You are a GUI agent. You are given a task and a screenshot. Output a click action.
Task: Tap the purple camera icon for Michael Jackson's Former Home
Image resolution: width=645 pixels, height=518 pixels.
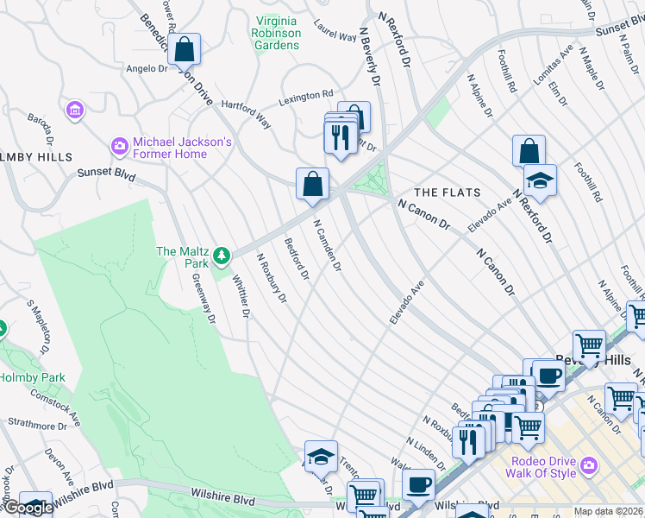tap(119, 148)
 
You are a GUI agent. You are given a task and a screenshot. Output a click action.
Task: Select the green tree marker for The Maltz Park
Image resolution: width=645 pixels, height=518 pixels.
tap(222, 256)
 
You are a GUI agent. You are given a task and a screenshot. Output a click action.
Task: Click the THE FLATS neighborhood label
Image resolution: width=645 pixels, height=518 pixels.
tap(447, 192)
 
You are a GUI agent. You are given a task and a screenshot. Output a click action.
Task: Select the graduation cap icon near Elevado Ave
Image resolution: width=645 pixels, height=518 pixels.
tap(540, 180)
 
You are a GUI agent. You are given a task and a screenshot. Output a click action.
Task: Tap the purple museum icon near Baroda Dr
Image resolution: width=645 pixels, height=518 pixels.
tap(75, 110)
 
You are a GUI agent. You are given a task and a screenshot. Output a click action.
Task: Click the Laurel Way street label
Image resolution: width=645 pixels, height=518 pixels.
tap(335, 32)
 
